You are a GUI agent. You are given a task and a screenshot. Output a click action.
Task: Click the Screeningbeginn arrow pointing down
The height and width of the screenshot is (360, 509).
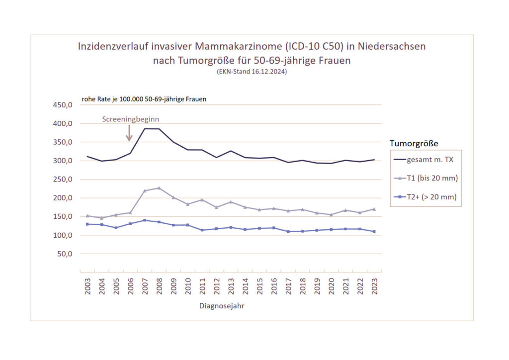coord(129,133)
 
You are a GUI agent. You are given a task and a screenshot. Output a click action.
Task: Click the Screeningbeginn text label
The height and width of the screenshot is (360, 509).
coord(130,119)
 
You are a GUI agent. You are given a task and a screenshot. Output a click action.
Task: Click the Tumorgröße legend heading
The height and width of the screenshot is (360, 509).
coord(414,143)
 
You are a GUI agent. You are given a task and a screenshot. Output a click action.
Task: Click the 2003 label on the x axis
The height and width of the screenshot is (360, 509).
coord(87,287)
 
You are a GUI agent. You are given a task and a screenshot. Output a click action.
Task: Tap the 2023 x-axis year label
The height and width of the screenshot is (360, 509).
coord(374,287)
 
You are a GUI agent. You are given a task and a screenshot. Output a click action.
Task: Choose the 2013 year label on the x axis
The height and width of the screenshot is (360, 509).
coord(231,287)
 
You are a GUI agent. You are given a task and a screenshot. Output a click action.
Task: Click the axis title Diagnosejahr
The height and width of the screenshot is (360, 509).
coord(222,306)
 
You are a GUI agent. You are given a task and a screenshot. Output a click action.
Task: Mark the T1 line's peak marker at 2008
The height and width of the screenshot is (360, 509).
coord(159,188)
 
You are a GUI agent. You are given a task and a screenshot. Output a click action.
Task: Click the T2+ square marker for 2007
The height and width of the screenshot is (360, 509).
coord(145,220)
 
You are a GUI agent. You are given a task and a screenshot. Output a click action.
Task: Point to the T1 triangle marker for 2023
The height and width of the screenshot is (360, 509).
coord(374,209)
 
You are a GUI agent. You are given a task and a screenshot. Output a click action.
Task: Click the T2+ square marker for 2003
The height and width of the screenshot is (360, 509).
coord(87,224)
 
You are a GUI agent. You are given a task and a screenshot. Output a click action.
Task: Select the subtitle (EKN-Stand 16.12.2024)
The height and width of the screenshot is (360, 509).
coord(252,72)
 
